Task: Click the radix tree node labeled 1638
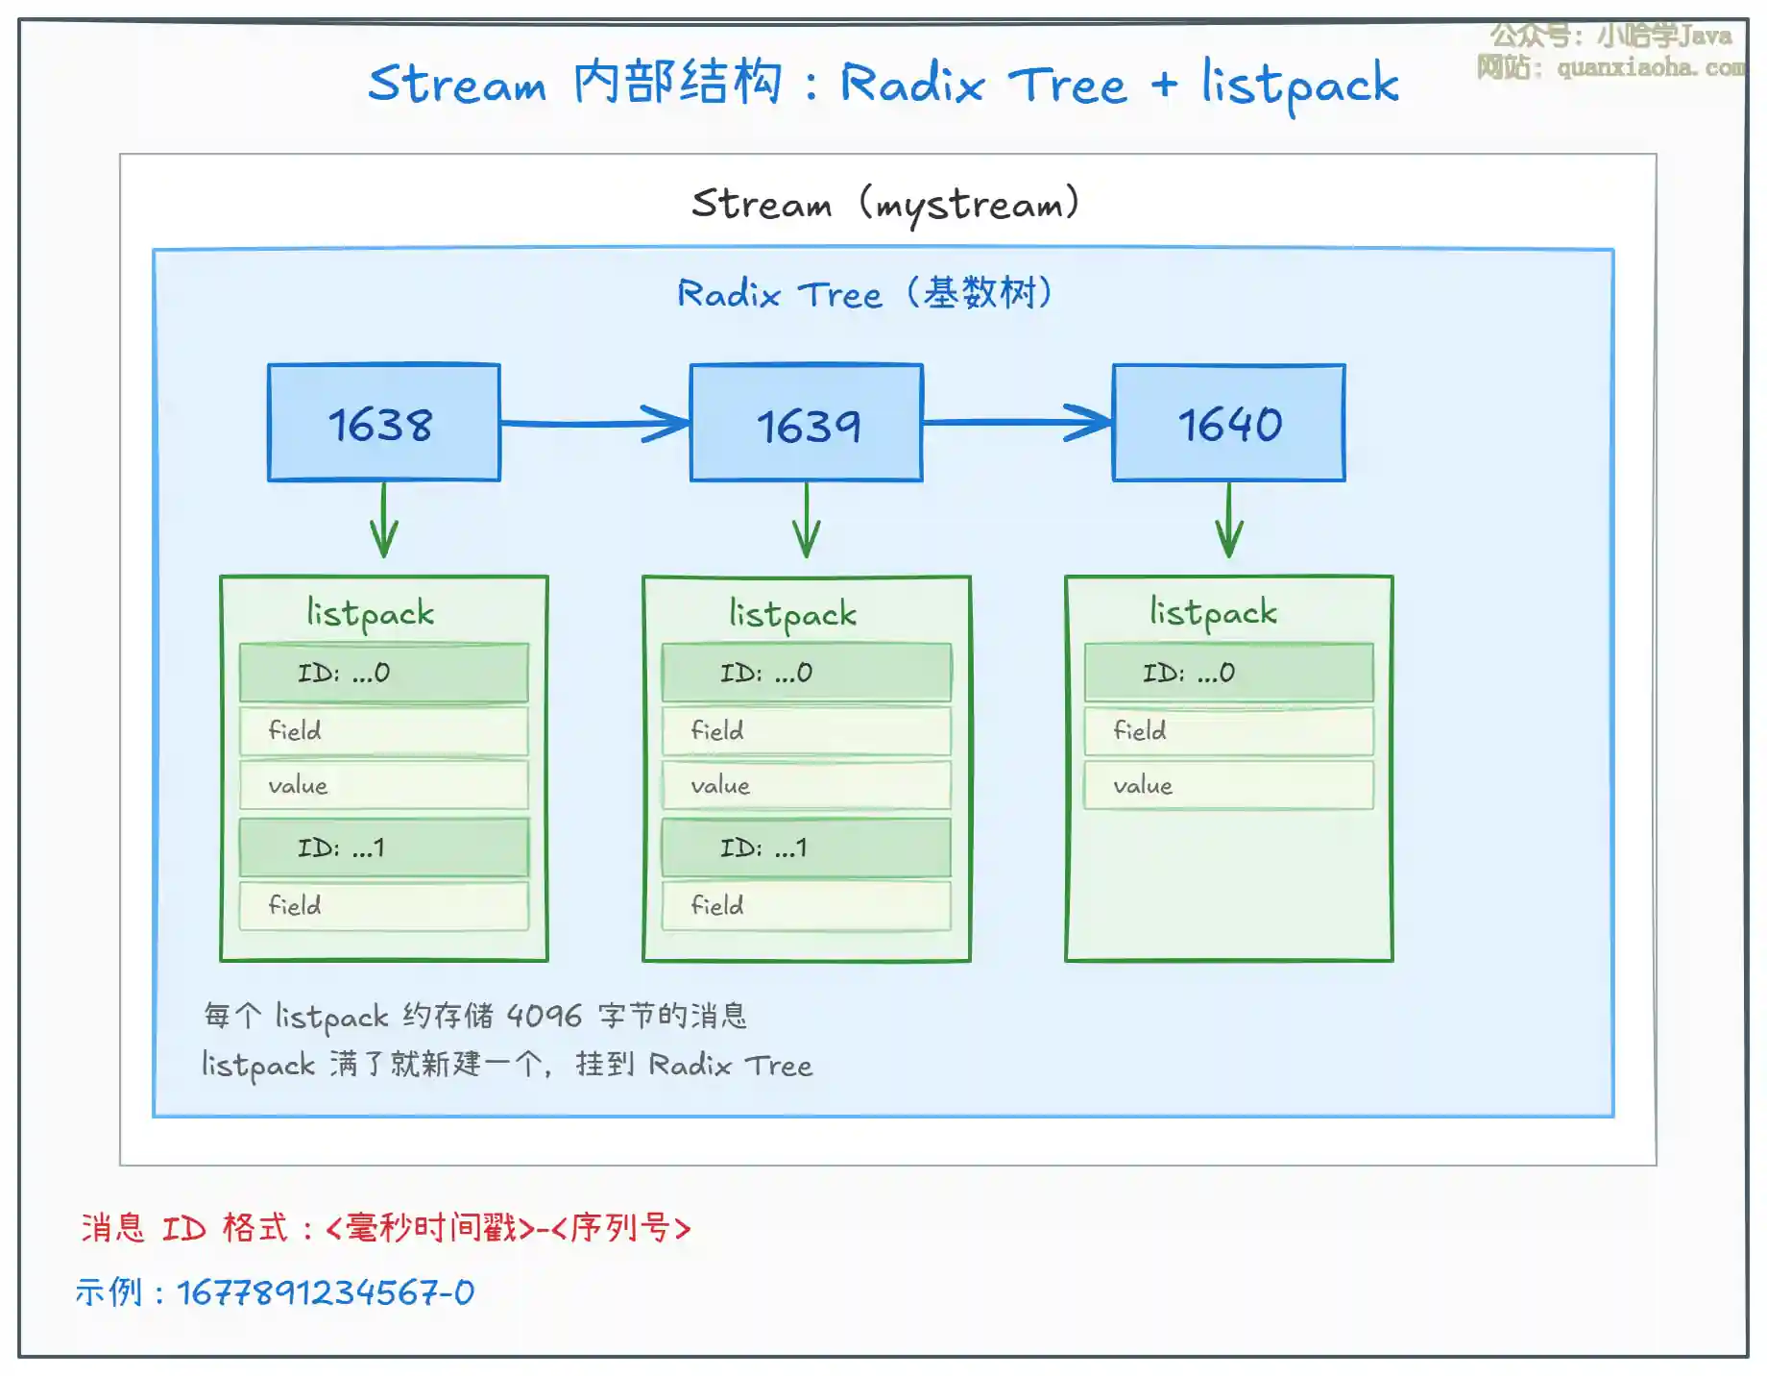383,423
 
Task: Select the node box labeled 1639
806,423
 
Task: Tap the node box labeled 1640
1228,423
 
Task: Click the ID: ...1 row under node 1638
383,848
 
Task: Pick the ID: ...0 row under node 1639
806,673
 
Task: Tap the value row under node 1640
1228,785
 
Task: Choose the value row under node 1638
383,785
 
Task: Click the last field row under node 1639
806,905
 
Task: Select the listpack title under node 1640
1214,612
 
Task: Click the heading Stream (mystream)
885,204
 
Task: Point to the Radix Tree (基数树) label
864,293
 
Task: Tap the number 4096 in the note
544,1016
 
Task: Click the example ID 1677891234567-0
326,1292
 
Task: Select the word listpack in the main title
1300,85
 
